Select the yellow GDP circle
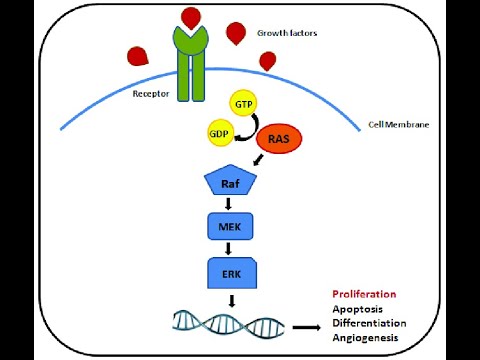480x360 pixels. click(x=219, y=135)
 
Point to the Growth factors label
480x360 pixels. click(x=287, y=32)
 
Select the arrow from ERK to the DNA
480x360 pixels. click(x=231, y=297)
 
